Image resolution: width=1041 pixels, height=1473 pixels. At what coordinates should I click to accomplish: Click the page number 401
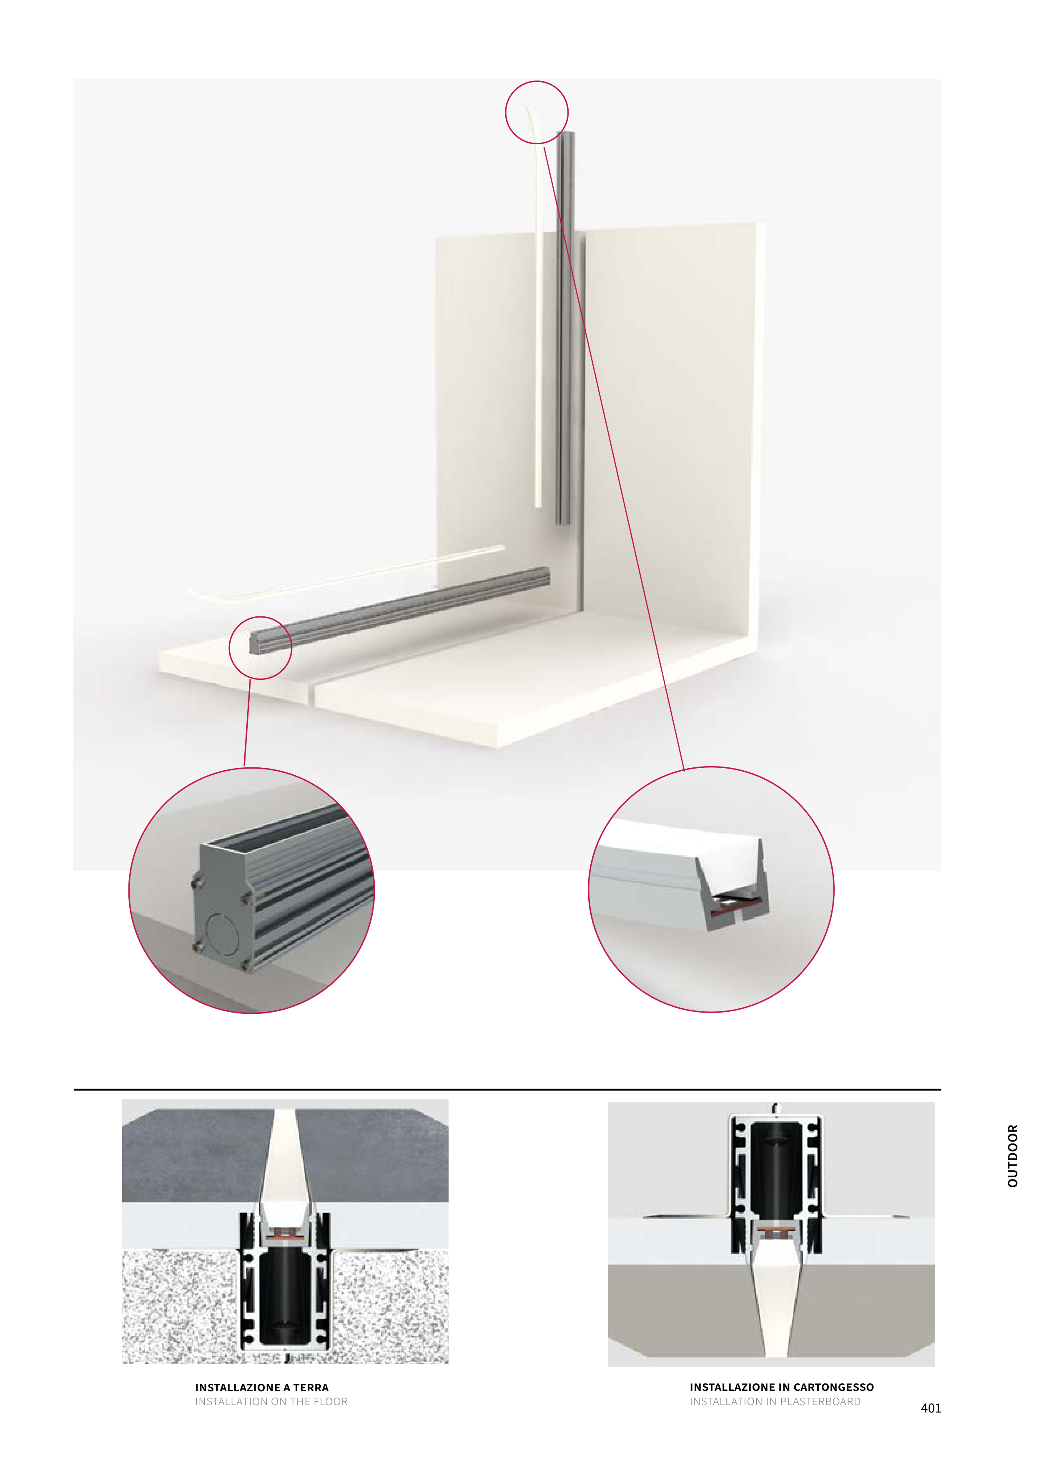tap(931, 1408)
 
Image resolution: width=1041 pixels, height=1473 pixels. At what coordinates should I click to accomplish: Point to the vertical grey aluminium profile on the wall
tap(565, 327)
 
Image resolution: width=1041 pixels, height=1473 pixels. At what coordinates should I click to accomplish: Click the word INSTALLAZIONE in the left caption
tap(238, 1387)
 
